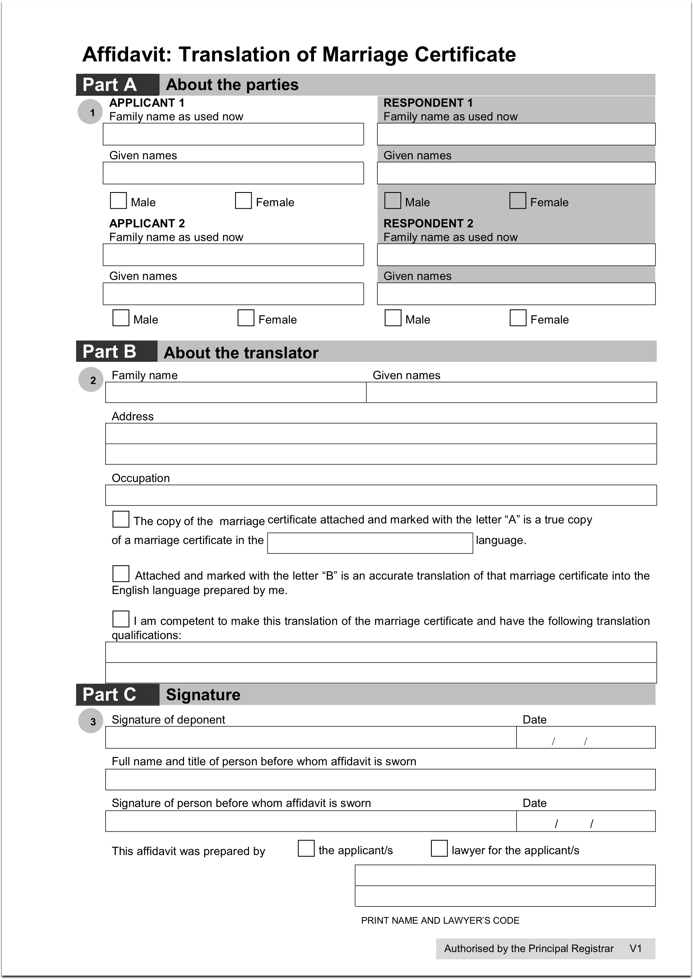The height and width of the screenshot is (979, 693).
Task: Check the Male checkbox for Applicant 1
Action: pos(118,201)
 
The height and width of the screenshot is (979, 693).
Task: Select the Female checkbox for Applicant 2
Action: pos(246,318)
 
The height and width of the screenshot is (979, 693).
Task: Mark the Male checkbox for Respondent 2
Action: pos(393,318)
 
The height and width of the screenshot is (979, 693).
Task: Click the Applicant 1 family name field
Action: pos(233,135)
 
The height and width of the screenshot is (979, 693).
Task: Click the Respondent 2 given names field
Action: pos(516,294)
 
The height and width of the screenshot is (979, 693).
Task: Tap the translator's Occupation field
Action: pos(381,495)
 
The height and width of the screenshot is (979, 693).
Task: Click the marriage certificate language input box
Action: pos(370,543)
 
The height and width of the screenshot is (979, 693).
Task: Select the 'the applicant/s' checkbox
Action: pos(306,848)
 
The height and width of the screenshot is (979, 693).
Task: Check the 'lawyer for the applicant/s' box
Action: pos(439,848)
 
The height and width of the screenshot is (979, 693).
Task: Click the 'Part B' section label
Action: pos(110,352)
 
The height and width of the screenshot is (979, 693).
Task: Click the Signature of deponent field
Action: pos(311,737)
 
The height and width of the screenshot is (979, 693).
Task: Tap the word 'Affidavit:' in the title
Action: pos(127,55)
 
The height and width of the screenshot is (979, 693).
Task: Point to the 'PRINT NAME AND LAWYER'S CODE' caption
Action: pos(440,921)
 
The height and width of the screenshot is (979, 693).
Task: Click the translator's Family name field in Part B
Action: pos(236,392)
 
